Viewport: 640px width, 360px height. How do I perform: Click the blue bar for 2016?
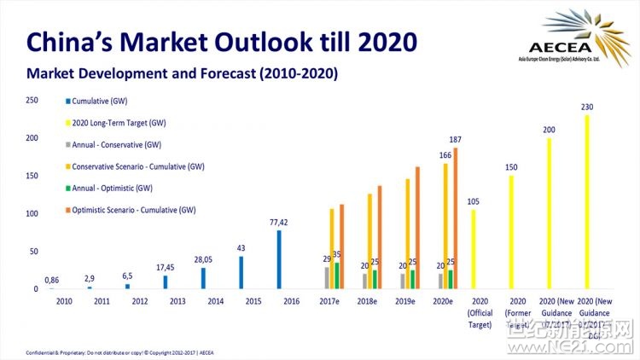pyautogui.click(x=279, y=259)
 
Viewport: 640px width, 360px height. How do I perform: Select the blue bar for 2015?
pyautogui.click(x=241, y=272)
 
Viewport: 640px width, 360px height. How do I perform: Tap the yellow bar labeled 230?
pyautogui.click(x=587, y=201)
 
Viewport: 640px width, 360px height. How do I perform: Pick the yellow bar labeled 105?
pyautogui.click(x=473, y=248)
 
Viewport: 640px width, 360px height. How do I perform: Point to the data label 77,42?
pyautogui.click(x=279, y=223)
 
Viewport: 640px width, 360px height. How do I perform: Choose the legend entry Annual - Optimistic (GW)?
pyautogui.click(x=112, y=188)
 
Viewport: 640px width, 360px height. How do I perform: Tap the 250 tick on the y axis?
pyautogui.click(x=32, y=100)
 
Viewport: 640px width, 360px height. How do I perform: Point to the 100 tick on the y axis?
pyautogui.click(x=32, y=213)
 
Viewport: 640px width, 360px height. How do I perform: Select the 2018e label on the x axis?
pyautogui.click(x=366, y=301)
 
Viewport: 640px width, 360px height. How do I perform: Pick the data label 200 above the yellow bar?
pyautogui.click(x=549, y=130)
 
